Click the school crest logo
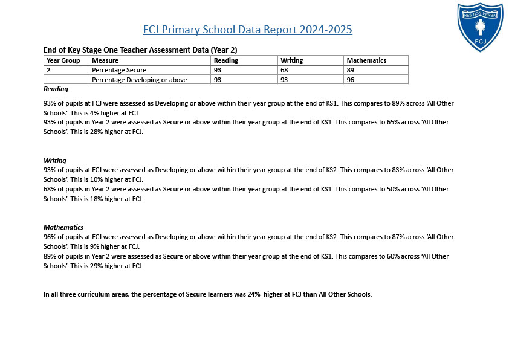[x=480, y=27]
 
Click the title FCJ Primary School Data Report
[x=247, y=30]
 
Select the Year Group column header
[x=63, y=60]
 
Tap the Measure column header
[x=105, y=60]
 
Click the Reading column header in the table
[x=226, y=60]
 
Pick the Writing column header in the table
[x=291, y=60]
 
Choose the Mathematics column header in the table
[x=366, y=60]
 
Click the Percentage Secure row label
[x=119, y=70]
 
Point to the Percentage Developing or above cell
[x=139, y=80]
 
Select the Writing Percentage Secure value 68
[x=284, y=70]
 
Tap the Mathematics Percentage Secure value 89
[x=351, y=70]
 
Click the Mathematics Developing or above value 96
[x=351, y=80]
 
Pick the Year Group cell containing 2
[x=48, y=70]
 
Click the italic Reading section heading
[x=56, y=89]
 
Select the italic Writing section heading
[x=54, y=161]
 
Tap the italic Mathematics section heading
[x=63, y=227]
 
